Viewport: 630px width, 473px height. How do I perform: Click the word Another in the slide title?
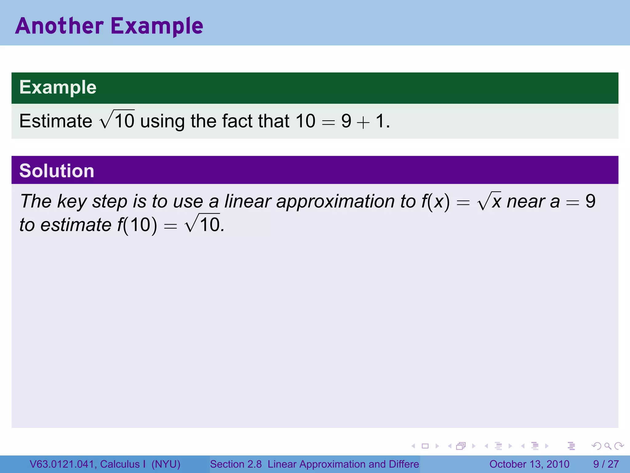point(59,26)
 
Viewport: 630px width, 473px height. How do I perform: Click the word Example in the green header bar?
point(58,87)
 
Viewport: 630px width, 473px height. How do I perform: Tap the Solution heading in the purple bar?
point(57,171)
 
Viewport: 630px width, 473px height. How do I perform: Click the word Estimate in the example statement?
point(56,121)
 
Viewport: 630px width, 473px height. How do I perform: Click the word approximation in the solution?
point(335,202)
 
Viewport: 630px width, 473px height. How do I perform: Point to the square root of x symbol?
point(489,201)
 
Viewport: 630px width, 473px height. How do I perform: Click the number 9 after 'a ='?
point(590,201)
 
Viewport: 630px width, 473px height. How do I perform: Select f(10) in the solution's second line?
point(137,225)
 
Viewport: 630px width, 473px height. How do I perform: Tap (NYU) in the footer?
point(166,464)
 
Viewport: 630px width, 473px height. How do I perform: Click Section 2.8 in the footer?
point(236,464)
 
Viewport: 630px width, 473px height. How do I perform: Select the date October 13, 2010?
point(529,464)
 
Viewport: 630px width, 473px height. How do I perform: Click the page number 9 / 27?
point(606,464)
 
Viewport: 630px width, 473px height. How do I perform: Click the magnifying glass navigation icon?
point(608,446)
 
